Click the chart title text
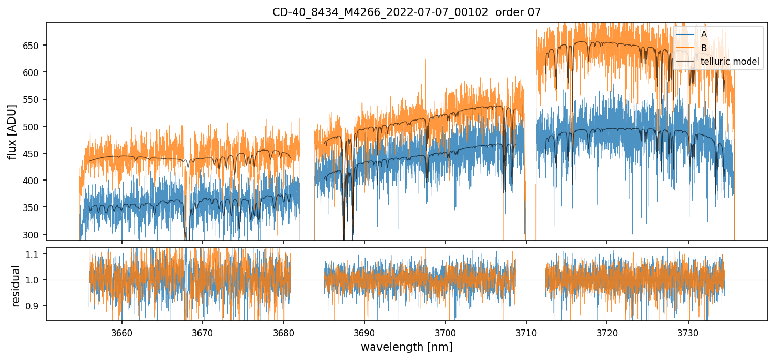[406, 12]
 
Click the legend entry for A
[704, 34]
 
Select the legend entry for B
[704, 48]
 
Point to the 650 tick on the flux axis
[34, 45]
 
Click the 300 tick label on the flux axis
[34, 234]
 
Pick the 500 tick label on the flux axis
[34, 126]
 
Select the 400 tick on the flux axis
[34, 181]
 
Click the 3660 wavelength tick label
[122, 332]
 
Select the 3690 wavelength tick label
[364, 332]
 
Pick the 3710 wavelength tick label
[526, 332]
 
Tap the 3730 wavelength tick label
[688, 332]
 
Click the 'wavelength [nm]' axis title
[406, 347]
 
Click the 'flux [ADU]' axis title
[12, 131]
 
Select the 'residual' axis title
[16, 285]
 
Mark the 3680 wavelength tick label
[283, 332]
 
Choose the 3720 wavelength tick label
[607, 332]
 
